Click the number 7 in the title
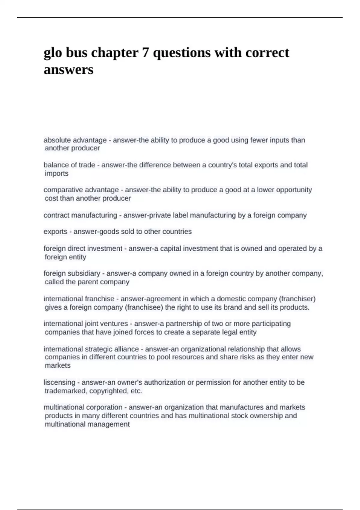tap(145, 53)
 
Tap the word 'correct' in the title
tap(267, 53)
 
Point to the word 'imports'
tap(57, 173)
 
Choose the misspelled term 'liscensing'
tap(59, 382)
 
